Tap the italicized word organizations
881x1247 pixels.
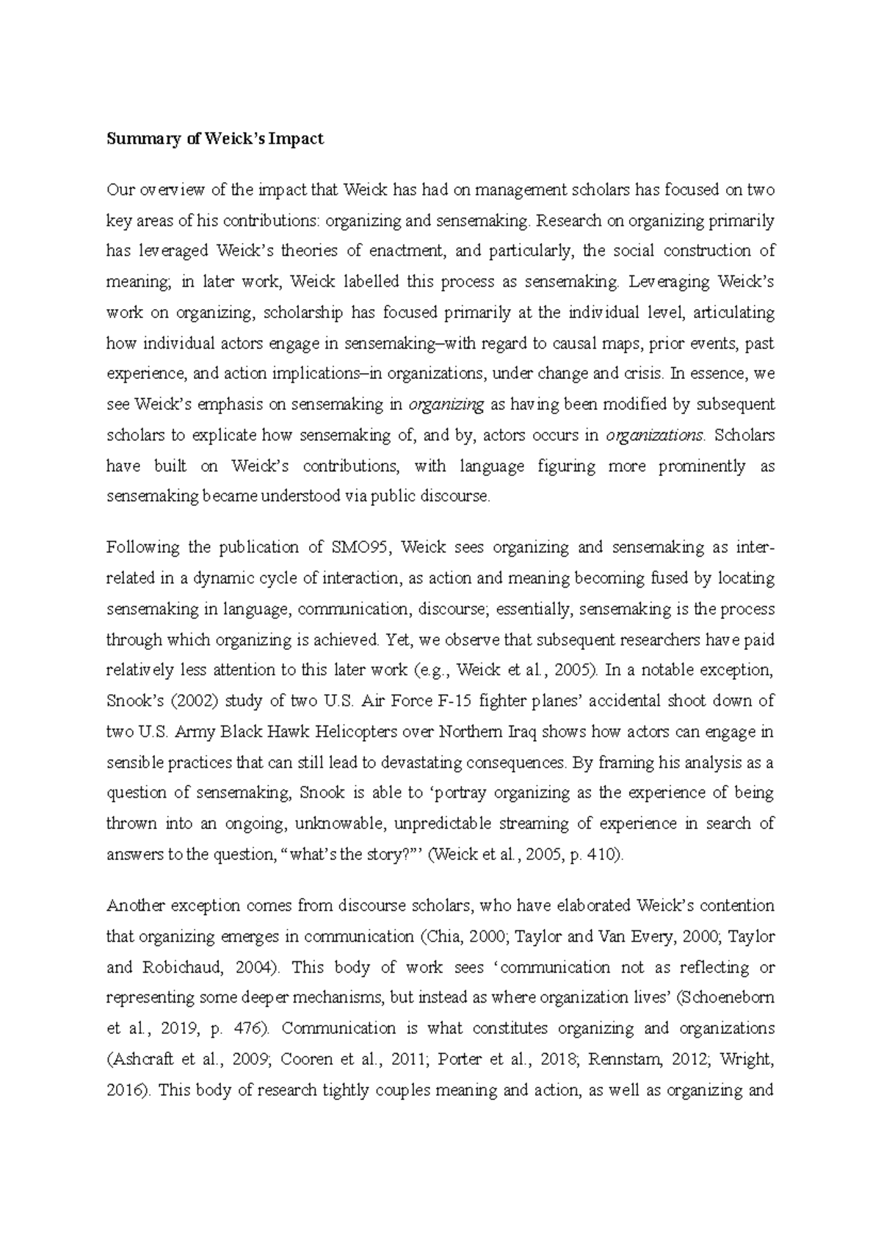[x=655, y=435]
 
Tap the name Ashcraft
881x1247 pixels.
[x=144, y=1060]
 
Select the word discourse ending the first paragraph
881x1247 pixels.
[x=456, y=497]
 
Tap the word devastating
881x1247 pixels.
[x=401, y=763]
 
